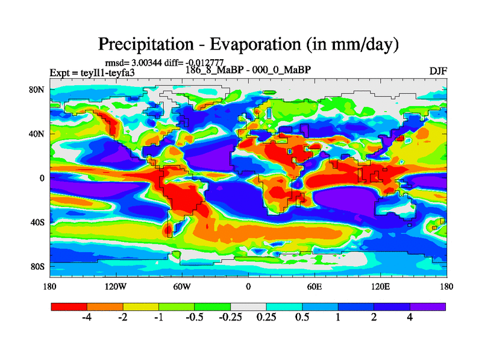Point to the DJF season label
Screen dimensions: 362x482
437,71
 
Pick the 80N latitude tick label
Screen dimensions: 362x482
38,90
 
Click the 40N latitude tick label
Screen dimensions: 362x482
38,134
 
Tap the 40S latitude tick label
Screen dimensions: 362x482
38,223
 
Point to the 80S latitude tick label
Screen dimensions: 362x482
38,267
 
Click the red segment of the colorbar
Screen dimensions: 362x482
69,306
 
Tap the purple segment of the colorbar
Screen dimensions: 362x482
428,306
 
